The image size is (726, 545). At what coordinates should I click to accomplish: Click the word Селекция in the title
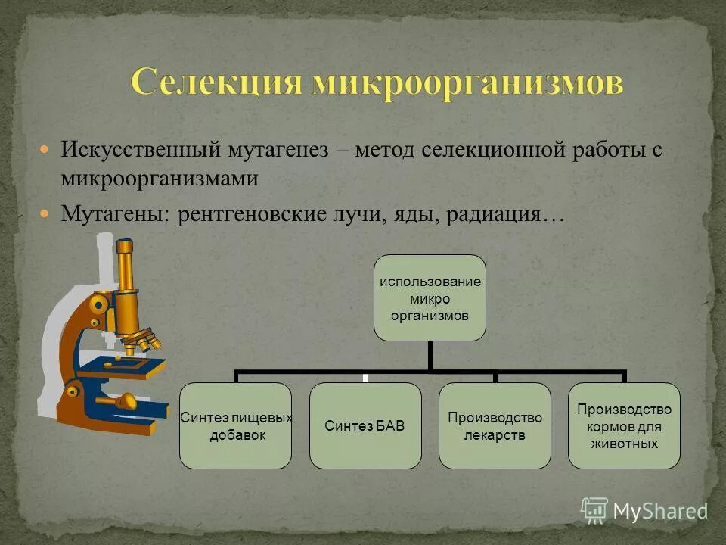[x=214, y=82]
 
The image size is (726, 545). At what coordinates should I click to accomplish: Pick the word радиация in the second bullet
[x=495, y=214]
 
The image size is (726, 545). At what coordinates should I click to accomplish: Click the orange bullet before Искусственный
[x=45, y=149]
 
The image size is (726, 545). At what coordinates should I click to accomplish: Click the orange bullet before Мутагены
[x=45, y=214]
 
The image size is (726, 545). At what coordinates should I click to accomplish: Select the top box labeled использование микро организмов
[x=430, y=297]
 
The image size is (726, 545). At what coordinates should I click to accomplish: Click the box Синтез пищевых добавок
[x=235, y=425]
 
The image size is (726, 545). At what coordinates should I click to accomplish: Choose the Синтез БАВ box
[x=365, y=425]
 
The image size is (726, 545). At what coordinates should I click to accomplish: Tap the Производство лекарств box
[x=495, y=425]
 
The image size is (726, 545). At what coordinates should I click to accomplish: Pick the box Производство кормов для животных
[x=624, y=425]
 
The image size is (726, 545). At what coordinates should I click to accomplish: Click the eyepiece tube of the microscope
[x=126, y=269]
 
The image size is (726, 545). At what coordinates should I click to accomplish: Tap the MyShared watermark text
[x=659, y=511]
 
